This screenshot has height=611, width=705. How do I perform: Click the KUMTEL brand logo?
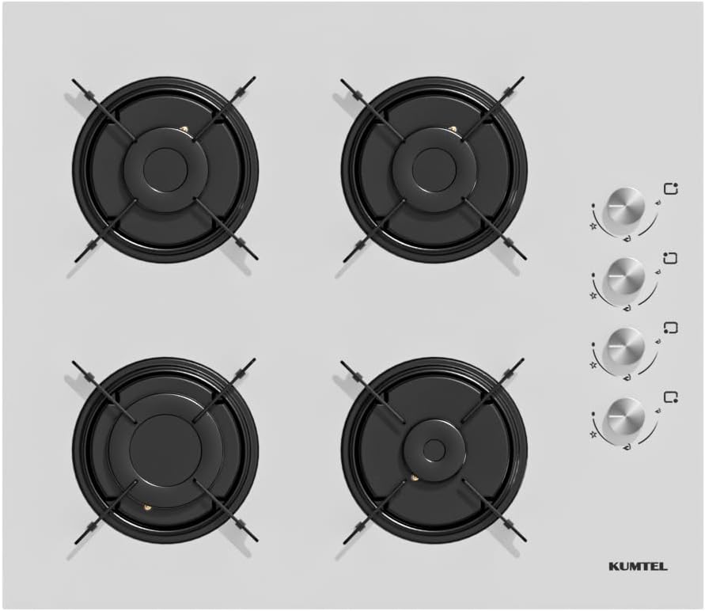pos(638,566)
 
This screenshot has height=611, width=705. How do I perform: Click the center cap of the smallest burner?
pos(434,449)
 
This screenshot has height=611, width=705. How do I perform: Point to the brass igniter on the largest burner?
pos(146,508)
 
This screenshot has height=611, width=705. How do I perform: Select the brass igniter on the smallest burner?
pos(415,476)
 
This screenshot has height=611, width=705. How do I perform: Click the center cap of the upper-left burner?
pos(165,169)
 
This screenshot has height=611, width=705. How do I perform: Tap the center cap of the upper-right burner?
pos(434,169)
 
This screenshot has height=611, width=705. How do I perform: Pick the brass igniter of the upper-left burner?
pos(184,131)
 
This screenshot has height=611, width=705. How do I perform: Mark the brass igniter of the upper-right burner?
pos(453,131)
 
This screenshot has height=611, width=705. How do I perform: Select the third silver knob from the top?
pos(625,346)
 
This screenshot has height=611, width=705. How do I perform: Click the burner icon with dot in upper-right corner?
pos(671,188)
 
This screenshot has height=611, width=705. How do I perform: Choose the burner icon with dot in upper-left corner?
pos(671,258)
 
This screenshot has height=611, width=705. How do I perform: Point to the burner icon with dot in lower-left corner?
pos(671,328)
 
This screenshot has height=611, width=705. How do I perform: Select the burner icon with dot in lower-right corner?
pos(671,397)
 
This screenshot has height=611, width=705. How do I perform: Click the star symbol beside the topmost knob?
pos(593,226)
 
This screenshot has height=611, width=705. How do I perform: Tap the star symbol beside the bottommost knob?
pos(593,435)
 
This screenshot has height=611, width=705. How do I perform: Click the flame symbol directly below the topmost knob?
pos(627,239)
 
